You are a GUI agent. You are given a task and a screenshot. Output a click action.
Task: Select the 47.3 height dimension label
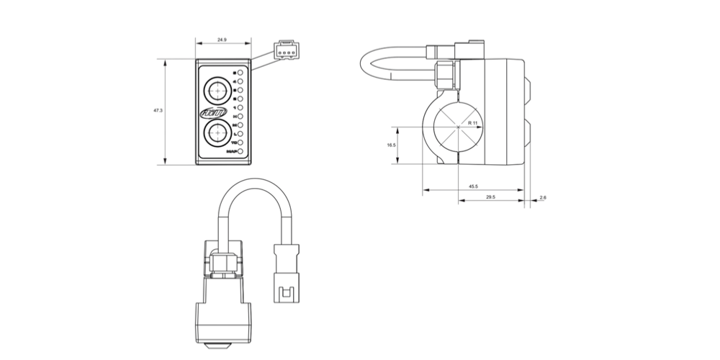click(158, 111)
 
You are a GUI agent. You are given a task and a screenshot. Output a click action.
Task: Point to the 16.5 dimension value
click(391, 145)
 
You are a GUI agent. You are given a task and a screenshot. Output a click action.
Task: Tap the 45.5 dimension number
click(472, 186)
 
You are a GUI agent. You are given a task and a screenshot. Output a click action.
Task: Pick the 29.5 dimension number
click(490, 197)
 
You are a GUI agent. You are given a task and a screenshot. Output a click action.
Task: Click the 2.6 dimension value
click(542, 197)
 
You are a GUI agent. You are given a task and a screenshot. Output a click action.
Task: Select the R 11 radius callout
click(472, 123)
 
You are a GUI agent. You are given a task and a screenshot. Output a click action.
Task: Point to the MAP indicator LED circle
click(240, 152)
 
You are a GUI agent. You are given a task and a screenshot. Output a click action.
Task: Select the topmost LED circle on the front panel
click(240, 73)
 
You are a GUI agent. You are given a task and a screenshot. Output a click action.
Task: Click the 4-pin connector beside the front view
click(287, 51)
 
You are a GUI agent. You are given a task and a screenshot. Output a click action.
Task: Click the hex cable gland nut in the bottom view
click(222, 263)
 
